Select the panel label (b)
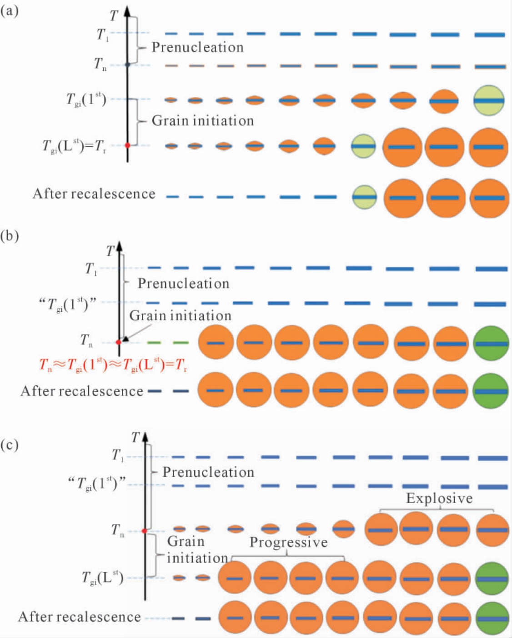pyautogui.click(x=10, y=236)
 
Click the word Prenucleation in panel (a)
pyautogui.click(x=197, y=47)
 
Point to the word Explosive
pyautogui.click(x=439, y=498)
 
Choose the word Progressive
pyautogui.click(x=288, y=542)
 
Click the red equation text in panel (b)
pyautogui.click(x=114, y=365)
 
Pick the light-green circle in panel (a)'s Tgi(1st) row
pyautogui.click(x=489, y=100)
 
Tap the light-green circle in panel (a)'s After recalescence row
pyautogui.click(x=364, y=197)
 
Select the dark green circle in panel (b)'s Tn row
pyautogui.click(x=491, y=344)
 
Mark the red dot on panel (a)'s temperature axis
pyautogui.click(x=128, y=145)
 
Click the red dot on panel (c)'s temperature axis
pyautogui.click(x=145, y=531)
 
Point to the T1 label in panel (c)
pyautogui.click(x=117, y=455)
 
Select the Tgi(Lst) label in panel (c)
pyautogui.click(x=102, y=578)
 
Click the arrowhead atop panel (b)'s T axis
pyautogui.click(x=120, y=247)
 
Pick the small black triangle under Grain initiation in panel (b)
pyautogui.click(x=126, y=338)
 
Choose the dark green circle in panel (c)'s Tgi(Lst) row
pyautogui.click(x=492, y=578)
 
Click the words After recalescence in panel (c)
pyautogui.click(x=80, y=617)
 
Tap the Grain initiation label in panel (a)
pyautogui.click(x=203, y=121)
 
